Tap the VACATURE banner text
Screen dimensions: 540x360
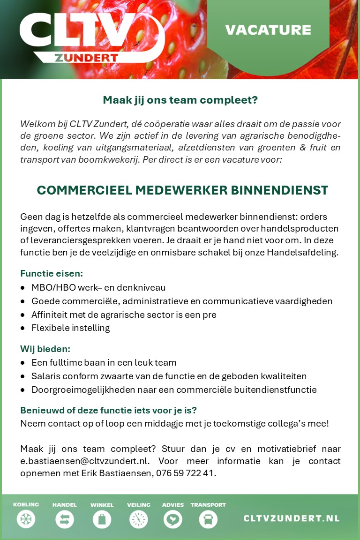[x=268, y=30]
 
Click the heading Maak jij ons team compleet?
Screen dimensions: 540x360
[x=180, y=100]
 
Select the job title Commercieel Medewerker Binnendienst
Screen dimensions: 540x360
[x=182, y=190]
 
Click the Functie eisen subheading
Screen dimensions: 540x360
[x=52, y=273]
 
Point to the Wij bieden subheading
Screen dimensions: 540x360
[x=45, y=349]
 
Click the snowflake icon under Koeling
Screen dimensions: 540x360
[x=26, y=519]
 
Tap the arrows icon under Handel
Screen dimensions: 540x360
[x=64, y=519]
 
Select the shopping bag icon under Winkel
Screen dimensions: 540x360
[x=102, y=519]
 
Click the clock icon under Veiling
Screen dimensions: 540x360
[x=138, y=519]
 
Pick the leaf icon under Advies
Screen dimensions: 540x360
[x=172, y=519]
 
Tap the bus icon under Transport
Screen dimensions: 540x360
[x=208, y=519]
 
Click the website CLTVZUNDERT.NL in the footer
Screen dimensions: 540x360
[x=291, y=518]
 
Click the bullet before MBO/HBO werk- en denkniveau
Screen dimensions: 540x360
[x=23, y=288]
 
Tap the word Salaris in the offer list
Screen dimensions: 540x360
[x=46, y=376]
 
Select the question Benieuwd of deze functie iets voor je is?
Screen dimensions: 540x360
[x=108, y=410]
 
